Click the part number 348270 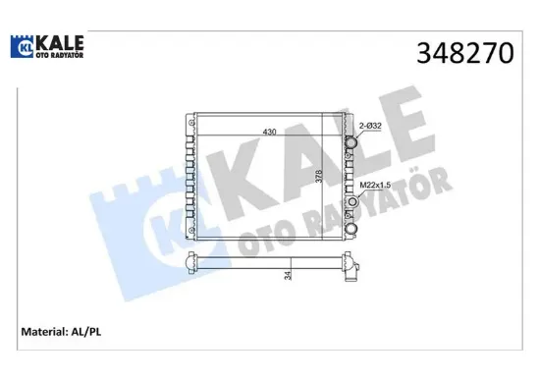pyautogui.click(x=465, y=53)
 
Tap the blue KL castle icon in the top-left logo pyautogui.click(x=22, y=46)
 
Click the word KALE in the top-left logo pyautogui.click(x=60, y=43)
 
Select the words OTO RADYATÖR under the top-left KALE pyautogui.click(x=60, y=55)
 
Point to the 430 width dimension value pyautogui.click(x=269, y=132)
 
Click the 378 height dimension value pyautogui.click(x=319, y=176)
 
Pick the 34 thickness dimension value pyautogui.click(x=288, y=275)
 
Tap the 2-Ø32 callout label pyautogui.click(x=370, y=126)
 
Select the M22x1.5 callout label pyautogui.click(x=375, y=185)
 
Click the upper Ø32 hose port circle pyautogui.click(x=351, y=142)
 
